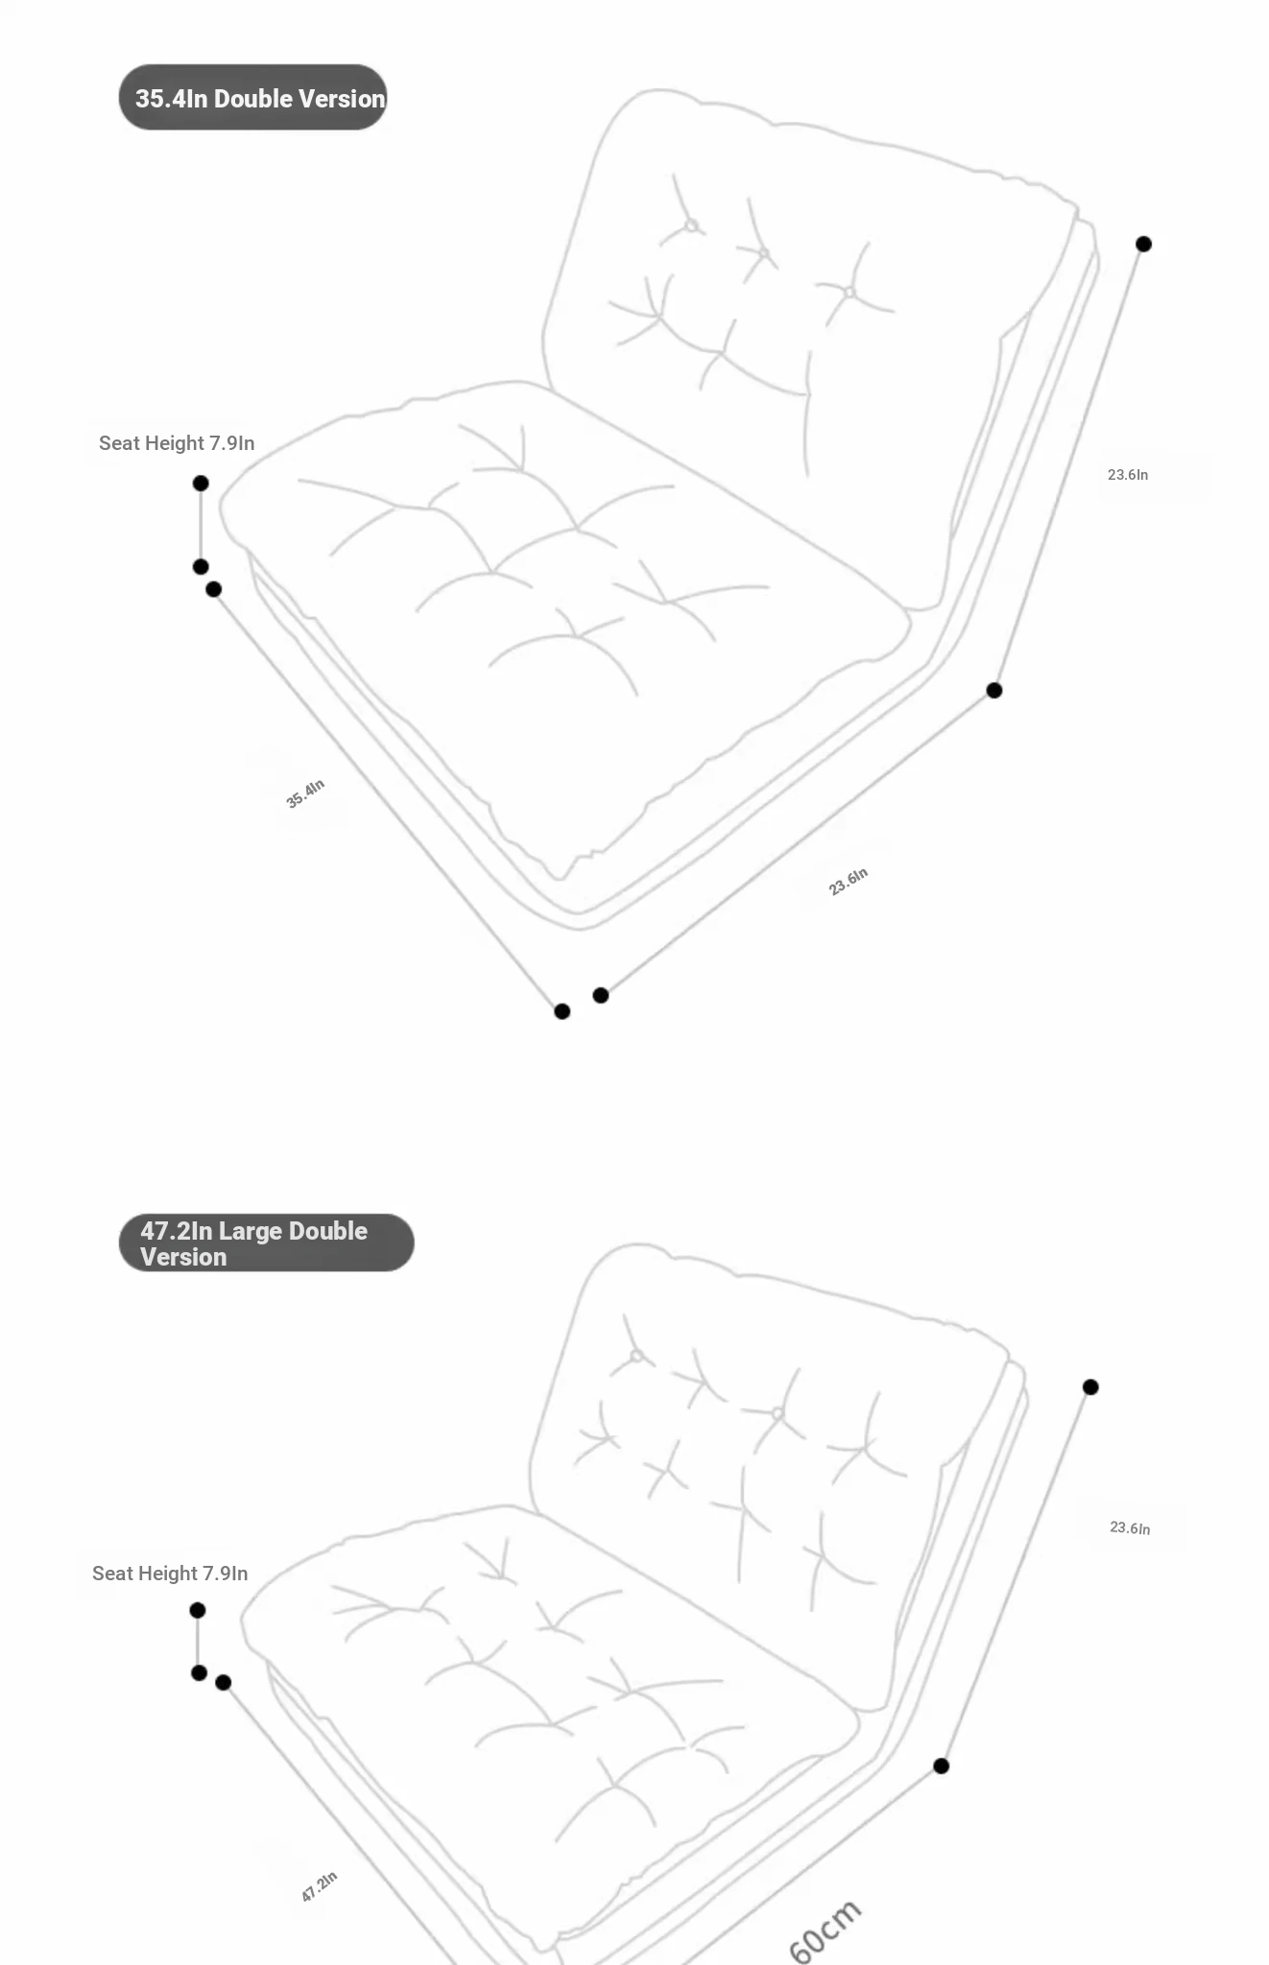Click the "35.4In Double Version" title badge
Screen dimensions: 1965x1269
252,98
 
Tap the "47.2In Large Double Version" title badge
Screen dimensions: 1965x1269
266,1243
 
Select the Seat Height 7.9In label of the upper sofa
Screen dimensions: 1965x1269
177,443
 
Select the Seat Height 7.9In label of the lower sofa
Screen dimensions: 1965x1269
170,1574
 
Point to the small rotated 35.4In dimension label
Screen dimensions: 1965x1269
305,793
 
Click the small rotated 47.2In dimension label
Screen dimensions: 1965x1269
319,1886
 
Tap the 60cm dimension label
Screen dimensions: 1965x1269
825,1931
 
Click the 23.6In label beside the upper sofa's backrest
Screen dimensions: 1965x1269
1127,475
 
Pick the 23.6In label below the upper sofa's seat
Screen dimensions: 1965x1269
848,881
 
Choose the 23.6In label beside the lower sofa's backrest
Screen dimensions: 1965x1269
1130,1527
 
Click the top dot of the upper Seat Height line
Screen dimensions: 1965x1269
201,483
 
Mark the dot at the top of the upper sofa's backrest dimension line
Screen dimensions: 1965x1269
1143,244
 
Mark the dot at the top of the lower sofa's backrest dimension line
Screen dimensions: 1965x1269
1090,1386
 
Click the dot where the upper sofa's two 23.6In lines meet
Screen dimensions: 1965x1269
994,690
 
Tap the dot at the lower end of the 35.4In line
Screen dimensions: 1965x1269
563,1011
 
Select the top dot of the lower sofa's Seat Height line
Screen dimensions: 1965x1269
198,1610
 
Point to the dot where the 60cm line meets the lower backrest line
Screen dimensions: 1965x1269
942,1765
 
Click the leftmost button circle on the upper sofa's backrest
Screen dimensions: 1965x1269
691,226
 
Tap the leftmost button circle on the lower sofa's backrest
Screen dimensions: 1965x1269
636,1356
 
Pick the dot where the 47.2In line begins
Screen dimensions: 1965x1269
224,1682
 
